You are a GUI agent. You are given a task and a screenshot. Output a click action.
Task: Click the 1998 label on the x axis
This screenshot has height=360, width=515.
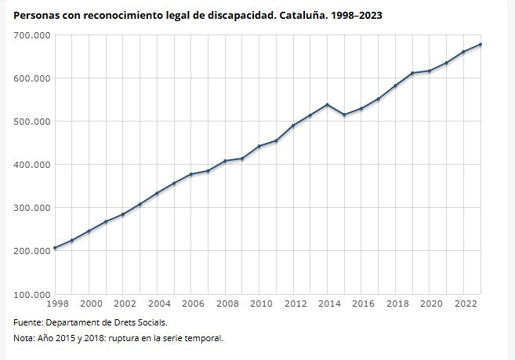(x=58, y=304)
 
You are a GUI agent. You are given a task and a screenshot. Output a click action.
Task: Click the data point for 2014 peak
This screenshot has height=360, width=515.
(x=327, y=104)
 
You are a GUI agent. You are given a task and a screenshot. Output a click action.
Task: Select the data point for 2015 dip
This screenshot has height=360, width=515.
(x=344, y=115)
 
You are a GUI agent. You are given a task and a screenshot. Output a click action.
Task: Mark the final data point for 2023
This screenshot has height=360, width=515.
(x=481, y=45)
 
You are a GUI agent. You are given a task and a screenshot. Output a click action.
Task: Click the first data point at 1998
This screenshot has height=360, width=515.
(x=55, y=248)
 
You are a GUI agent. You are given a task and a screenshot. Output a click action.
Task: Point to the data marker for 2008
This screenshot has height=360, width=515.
(x=225, y=161)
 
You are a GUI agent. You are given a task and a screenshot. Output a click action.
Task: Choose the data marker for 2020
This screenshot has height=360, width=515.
(x=430, y=71)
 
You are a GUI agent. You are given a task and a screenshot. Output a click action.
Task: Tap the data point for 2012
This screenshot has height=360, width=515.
(x=293, y=125)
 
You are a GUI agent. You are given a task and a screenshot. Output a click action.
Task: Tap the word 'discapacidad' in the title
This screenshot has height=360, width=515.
(x=241, y=15)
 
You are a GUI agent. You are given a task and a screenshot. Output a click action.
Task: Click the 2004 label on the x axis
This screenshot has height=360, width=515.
(x=158, y=304)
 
